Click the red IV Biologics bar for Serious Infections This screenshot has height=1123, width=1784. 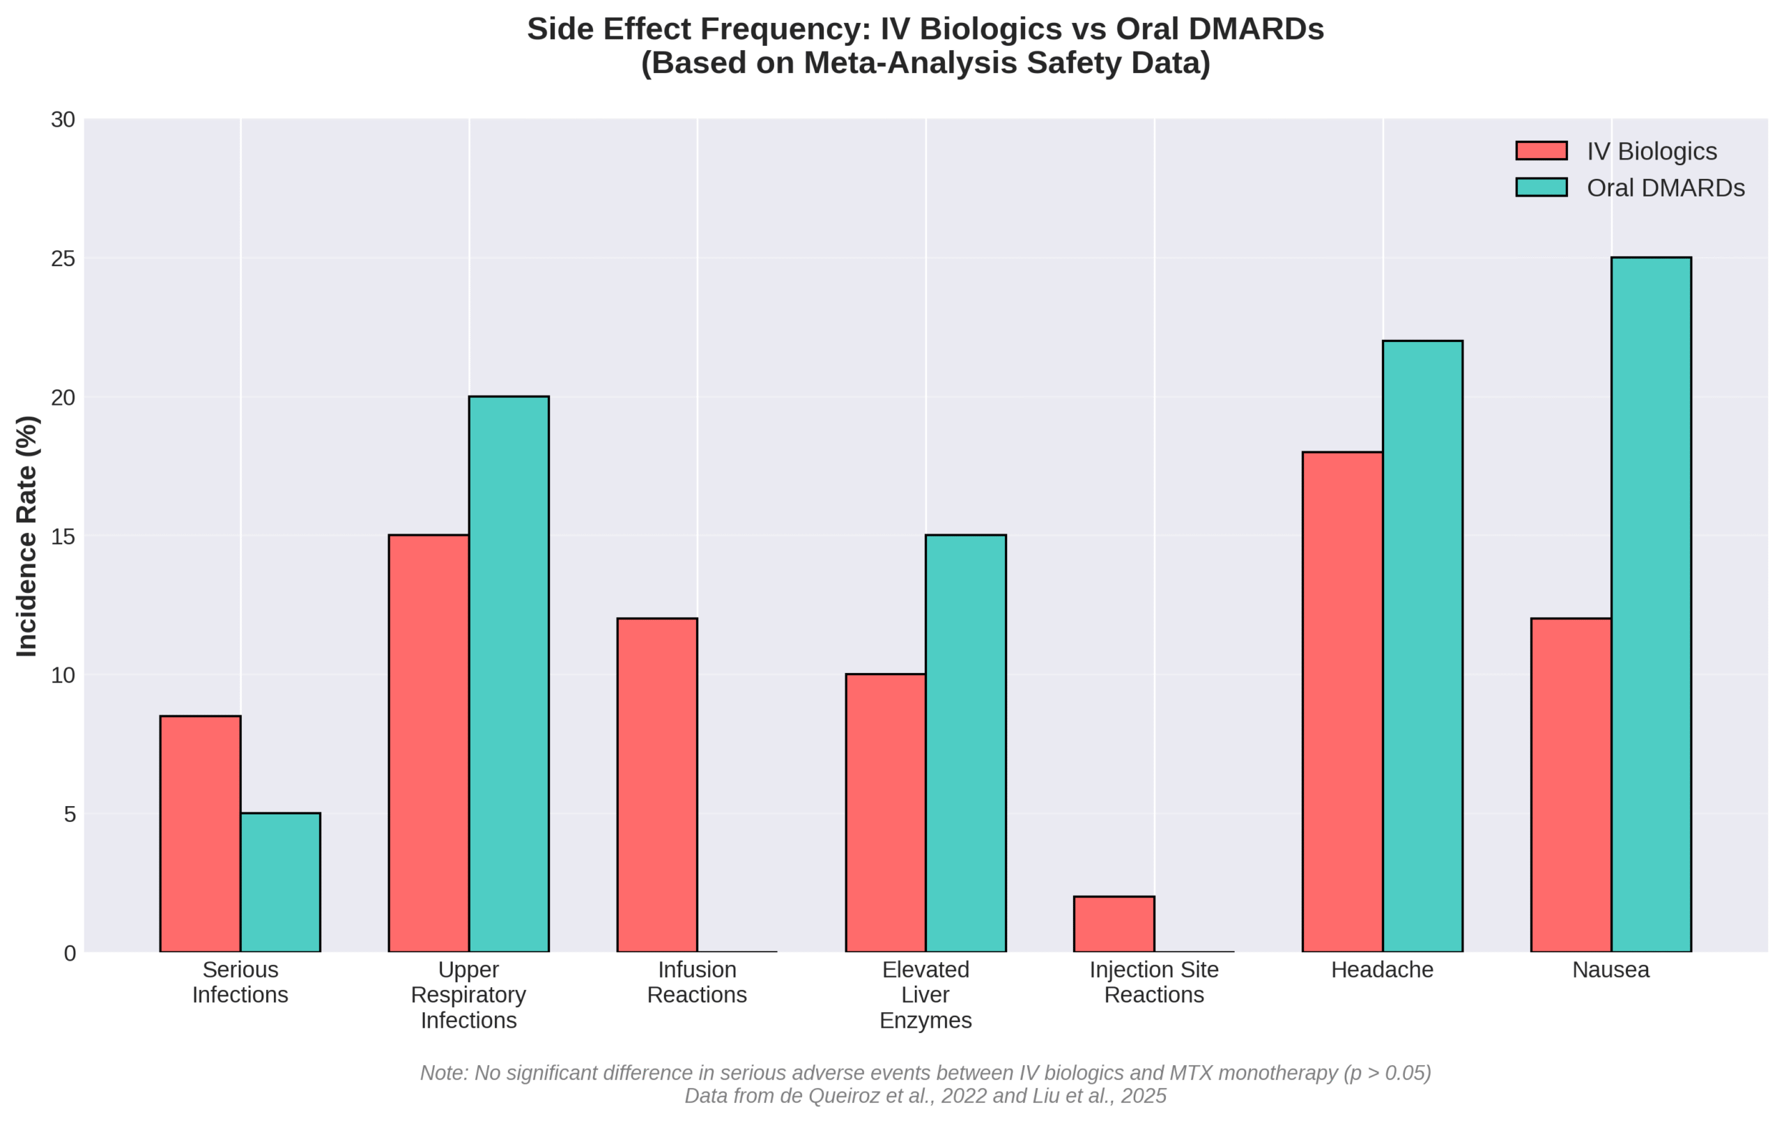[200, 833]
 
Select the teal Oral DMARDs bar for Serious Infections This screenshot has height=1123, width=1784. [280, 881]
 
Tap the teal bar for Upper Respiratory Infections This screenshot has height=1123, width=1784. [508, 674]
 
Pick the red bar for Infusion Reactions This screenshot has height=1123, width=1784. [656, 785]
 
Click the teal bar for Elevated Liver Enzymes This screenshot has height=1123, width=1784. [965, 743]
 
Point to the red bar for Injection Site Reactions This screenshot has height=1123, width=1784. [1114, 924]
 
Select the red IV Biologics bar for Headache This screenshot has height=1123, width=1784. [1341, 702]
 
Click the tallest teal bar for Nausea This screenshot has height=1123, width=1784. [1651, 605]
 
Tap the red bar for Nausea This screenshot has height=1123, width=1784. [1571, 785]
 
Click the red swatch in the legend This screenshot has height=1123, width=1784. [1541, 150]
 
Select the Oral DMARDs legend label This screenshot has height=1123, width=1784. [1666, 188]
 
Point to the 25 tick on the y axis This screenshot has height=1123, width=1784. [63, 258]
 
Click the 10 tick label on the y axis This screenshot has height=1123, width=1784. [63, 675]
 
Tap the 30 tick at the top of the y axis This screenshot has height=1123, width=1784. [63, 120]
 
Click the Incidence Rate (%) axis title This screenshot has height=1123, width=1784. [27, 536]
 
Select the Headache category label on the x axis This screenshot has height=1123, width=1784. [1382, 970]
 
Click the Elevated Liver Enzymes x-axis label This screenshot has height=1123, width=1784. [925, 995]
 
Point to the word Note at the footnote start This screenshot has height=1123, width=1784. [443, 1073]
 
